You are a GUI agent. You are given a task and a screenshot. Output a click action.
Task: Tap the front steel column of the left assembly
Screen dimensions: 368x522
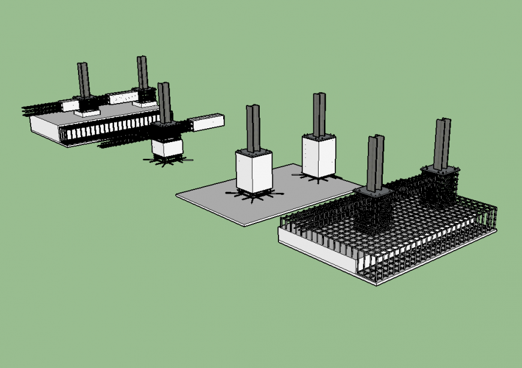[164, 102]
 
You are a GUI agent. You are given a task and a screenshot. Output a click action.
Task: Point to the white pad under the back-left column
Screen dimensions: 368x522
[86, 112]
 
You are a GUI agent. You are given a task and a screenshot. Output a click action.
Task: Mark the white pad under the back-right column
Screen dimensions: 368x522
[145, 104]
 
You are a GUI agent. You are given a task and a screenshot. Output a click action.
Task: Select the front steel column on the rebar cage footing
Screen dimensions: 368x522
[374, 162]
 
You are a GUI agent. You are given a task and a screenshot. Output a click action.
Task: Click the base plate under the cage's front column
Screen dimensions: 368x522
[374, 192]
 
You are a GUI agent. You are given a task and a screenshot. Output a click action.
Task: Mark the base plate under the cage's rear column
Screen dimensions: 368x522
[442, 170]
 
